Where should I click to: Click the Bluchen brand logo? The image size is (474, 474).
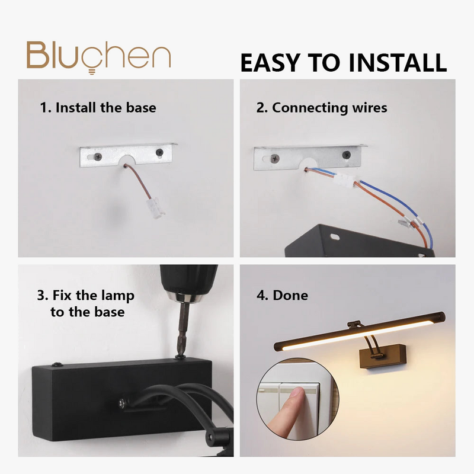coord(98,57)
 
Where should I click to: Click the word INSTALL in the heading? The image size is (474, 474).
coord(398,63)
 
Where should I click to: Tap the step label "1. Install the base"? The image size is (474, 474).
coord(98,108)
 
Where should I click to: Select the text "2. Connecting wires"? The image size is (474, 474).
coord(322,108)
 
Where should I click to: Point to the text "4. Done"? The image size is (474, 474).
coord(283,295)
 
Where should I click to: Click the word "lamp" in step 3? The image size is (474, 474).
coord(117,296)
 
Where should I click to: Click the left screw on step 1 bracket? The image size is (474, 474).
coord(98,156)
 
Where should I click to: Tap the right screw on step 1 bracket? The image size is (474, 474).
coord(159,152)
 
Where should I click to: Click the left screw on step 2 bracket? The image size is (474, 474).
coord(274,158)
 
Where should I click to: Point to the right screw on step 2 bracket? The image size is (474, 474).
coord(347,155)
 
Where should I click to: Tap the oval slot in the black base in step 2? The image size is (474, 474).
coord(334,237)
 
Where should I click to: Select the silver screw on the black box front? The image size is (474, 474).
coord(121,403)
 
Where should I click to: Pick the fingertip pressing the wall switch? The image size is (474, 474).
coord(296,393)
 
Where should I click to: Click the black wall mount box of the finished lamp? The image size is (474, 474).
coord(383,357)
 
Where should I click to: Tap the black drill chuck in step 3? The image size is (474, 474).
coord(188,283)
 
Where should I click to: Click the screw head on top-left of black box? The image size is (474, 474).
coord(57,364)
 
